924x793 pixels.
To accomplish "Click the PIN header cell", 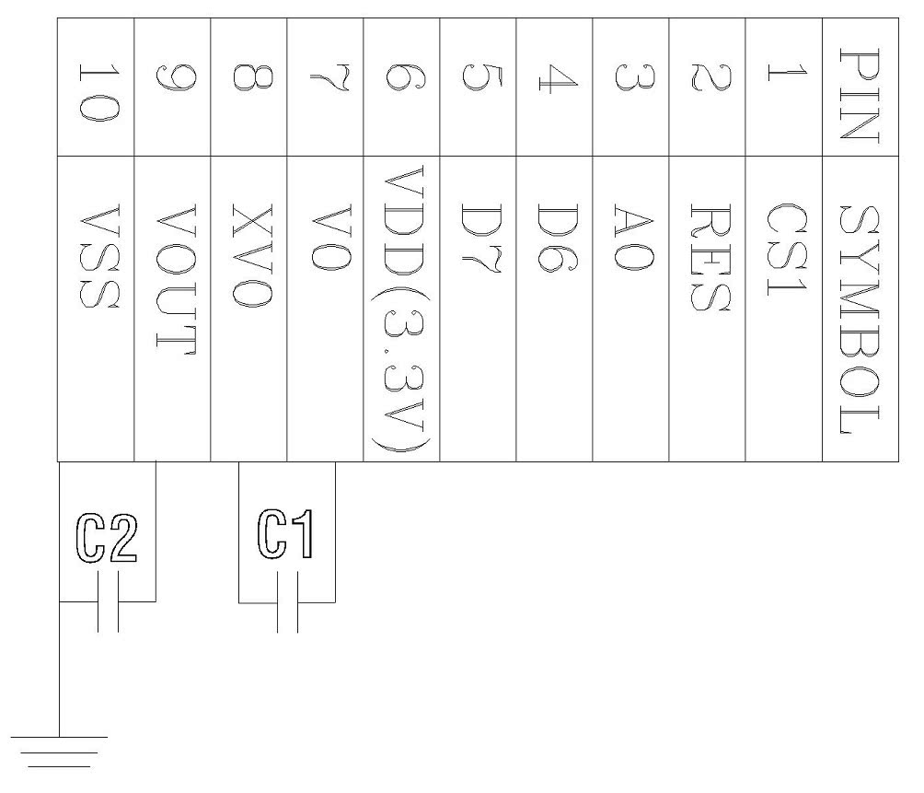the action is point(860,87).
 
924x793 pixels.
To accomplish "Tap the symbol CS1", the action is point(784,251).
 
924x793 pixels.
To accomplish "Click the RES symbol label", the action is point(707,257).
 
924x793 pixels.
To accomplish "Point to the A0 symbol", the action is point(630,238).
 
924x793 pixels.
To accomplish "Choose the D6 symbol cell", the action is point(554,238).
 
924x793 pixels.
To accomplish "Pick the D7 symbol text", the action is point(478,238).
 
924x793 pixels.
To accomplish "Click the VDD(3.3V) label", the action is point(401,309).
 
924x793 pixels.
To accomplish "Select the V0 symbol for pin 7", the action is point(325,238).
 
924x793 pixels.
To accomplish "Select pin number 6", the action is point(401,87).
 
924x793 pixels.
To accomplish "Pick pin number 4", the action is point(554,87).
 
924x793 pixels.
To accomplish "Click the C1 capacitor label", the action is point(286,535).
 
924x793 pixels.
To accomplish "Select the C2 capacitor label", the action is point(108,541).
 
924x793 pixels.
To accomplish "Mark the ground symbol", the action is point(59,751).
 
